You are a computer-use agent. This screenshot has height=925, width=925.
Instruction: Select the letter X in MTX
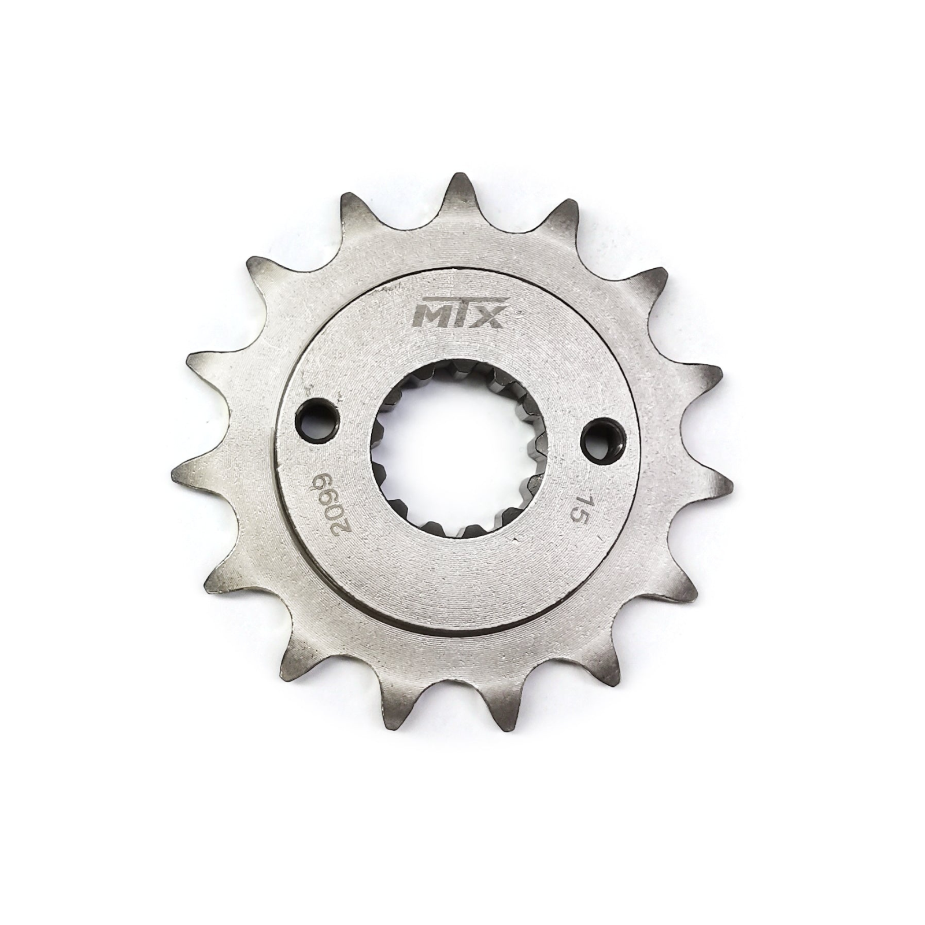click(489, 316)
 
